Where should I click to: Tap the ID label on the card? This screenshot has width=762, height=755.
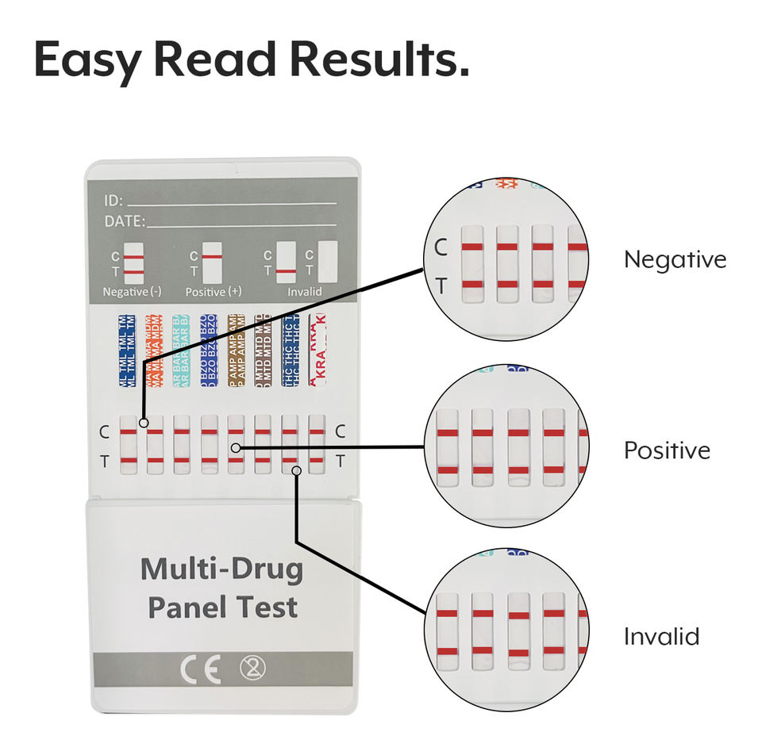tap(114, 201)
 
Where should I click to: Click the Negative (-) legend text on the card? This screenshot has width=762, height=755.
tap(133, 292)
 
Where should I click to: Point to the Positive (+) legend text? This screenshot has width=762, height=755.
tap(214, 292)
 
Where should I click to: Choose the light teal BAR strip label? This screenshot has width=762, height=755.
tap(182, 350)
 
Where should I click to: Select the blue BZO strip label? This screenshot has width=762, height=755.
tap(209, 350)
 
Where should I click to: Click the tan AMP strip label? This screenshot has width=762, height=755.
tap(236, 350)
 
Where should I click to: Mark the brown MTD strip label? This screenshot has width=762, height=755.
tap(263, 350)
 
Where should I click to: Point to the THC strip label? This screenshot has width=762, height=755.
tap(291, 350)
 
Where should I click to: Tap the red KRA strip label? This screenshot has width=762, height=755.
tap(317, 350)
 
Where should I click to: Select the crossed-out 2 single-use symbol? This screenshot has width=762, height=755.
tap(252, 669)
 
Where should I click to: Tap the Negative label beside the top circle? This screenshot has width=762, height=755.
tap(675, 259)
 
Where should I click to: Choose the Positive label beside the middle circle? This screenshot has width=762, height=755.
tap(667, 450)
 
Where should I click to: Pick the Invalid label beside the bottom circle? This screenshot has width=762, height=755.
tap(661, 636)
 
